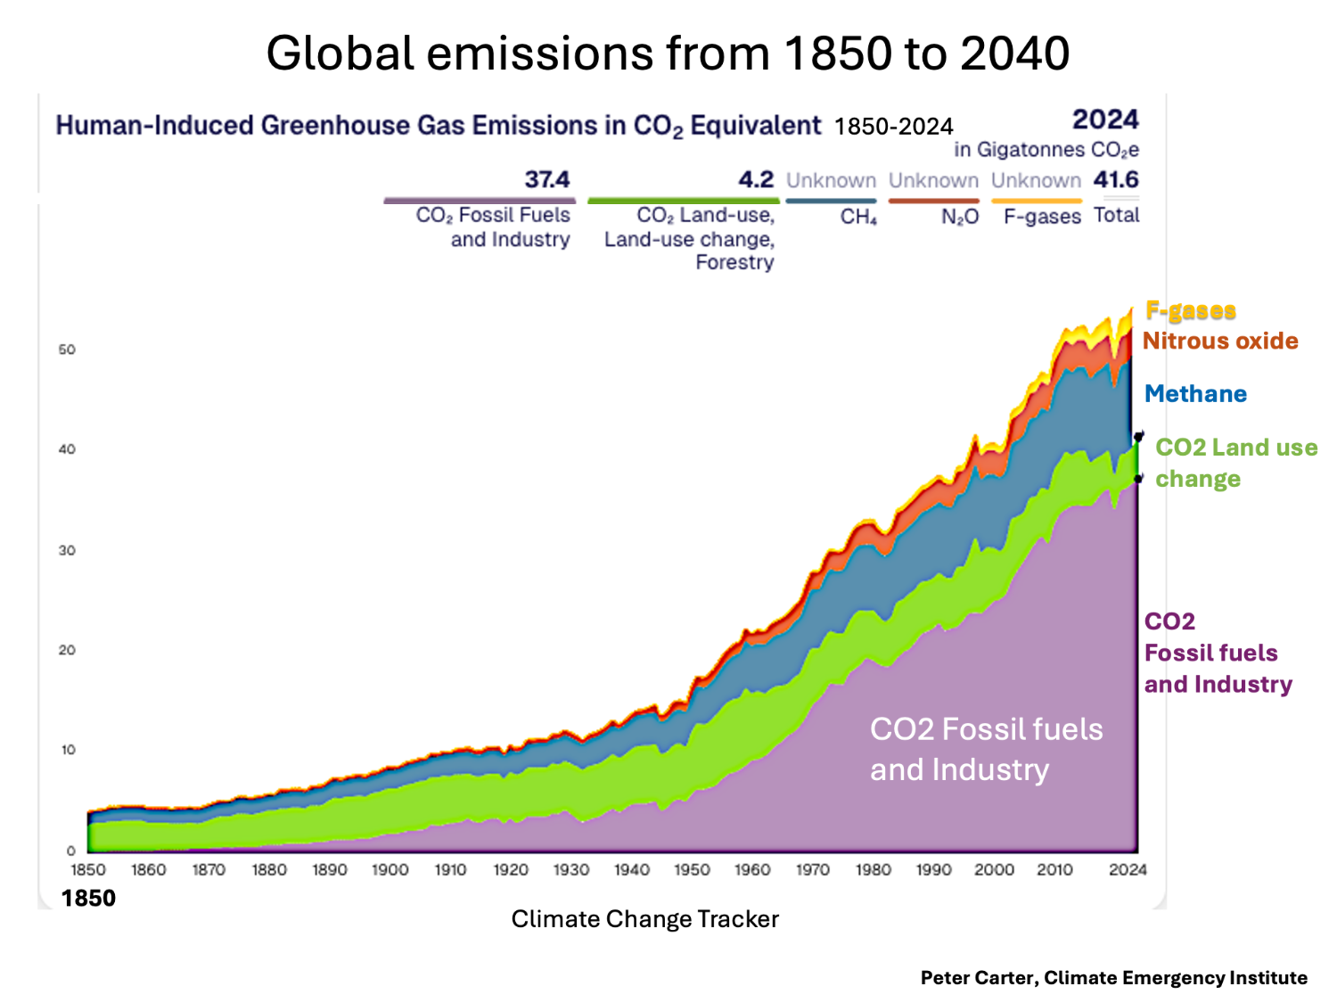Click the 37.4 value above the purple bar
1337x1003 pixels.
pos(546,179)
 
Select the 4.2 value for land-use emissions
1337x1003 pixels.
pos(756,179)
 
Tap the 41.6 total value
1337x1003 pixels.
pos(1116,179)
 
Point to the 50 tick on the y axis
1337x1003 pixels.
pos(67,349)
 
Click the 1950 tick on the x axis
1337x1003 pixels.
pos(692,869)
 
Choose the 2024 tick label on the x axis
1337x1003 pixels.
pos(1127,869)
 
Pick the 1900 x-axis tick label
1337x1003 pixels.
pos(390,869)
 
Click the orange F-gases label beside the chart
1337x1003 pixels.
pos(1190,310)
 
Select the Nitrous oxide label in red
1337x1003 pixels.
pos(1219,341)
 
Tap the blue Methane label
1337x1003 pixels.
pos(1195,394)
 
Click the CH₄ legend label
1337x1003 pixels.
pos(858,217)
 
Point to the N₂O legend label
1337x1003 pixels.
pos(960,217)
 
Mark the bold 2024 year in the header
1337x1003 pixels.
pos(1105,119)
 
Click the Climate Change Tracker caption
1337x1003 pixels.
pos(644,919)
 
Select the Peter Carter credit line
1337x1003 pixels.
pos(1113,978)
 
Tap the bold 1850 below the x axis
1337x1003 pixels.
pos(88,898)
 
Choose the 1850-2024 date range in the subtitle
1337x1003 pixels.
pos(893,127)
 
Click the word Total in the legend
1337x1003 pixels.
pos(1116,215)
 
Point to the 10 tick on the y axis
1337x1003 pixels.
pos(68,750)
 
